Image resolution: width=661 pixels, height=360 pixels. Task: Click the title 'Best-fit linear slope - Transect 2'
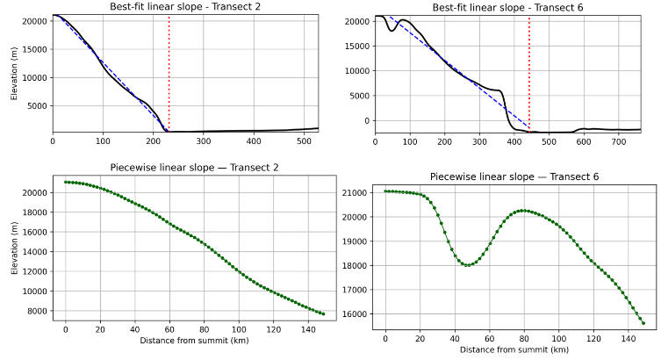[185, 7]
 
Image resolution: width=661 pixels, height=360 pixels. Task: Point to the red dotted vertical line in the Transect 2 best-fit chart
[169, 70]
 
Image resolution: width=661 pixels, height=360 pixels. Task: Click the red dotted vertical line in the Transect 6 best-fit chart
[529, 70]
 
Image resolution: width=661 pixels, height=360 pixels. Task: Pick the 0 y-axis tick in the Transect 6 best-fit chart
[363, 121]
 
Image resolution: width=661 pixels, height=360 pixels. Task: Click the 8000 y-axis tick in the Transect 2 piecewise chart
[37, 311]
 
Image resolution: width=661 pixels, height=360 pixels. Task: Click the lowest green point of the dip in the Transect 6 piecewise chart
[467, 264]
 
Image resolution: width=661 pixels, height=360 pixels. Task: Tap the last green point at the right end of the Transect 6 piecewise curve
[643, 323]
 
